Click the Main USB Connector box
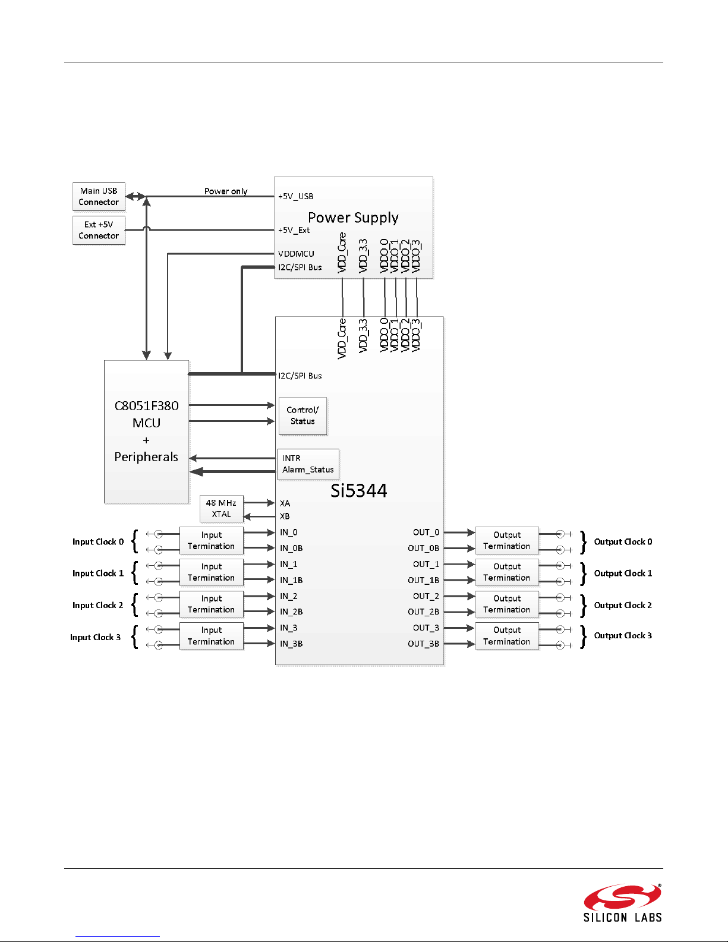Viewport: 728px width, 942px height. [x=99, y=196]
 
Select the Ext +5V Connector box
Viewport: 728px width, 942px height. [x=99, y=230]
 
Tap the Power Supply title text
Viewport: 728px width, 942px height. [x=353, y=218]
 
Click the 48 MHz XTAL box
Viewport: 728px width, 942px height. [x=222, y=509]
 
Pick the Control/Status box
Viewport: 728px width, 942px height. [x=302, y=416]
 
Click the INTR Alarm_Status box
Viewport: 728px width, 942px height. [x=308, y=464]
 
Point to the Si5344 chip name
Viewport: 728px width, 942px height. [x=359, y=491]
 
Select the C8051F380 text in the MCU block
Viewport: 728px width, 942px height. [x=146, y=406]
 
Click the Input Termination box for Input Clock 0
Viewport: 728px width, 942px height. [x=212, y=541]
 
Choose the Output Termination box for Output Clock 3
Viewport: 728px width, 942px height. [x=507, y=635]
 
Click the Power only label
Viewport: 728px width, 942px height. [x=226, y=191]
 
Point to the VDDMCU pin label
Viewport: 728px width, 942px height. [x=296, y=254]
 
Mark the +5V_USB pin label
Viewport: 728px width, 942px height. [x=295, y=196]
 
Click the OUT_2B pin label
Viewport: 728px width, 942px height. [x=423, y=612]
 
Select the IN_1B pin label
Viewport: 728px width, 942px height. [x=291, y=580]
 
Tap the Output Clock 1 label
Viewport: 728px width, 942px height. [x=623, y=573]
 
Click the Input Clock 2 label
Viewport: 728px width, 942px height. [x=97, y=605]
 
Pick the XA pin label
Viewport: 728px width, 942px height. [x=285, y=503]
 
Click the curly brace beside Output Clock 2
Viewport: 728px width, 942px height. [x=584, y=606]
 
